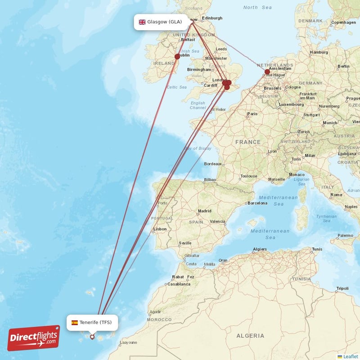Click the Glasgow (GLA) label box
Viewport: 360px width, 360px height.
(x=161, y=22)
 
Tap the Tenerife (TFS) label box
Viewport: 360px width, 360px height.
(x=93, y=322)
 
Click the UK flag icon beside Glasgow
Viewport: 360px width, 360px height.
(x=142, y=22)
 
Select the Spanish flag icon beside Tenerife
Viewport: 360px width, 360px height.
(x=75, y=322)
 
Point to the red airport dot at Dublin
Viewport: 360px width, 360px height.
(x=177, y=57)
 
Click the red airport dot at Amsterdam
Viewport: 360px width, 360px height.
(x=267, y=72)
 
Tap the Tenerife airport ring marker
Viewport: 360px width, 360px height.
(x=92, y=337)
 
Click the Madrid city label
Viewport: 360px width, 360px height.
(x=205, y=211)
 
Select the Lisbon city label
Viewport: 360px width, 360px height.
(x=160, y=229)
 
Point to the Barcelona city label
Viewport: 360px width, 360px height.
(x=257, y=203)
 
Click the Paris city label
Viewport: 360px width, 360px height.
(x=252, y=114)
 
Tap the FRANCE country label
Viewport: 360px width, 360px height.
(x=247, y=142)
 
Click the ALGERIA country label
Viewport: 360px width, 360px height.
(x=250, y=336)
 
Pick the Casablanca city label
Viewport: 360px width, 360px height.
(x=179, y=284)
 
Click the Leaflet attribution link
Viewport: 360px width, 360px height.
(x=351, y=356)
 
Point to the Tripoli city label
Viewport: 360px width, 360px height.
(x=342, y=288)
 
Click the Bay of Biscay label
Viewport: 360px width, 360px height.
(x=198, y=148)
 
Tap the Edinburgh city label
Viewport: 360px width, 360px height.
(x=212, y=18)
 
